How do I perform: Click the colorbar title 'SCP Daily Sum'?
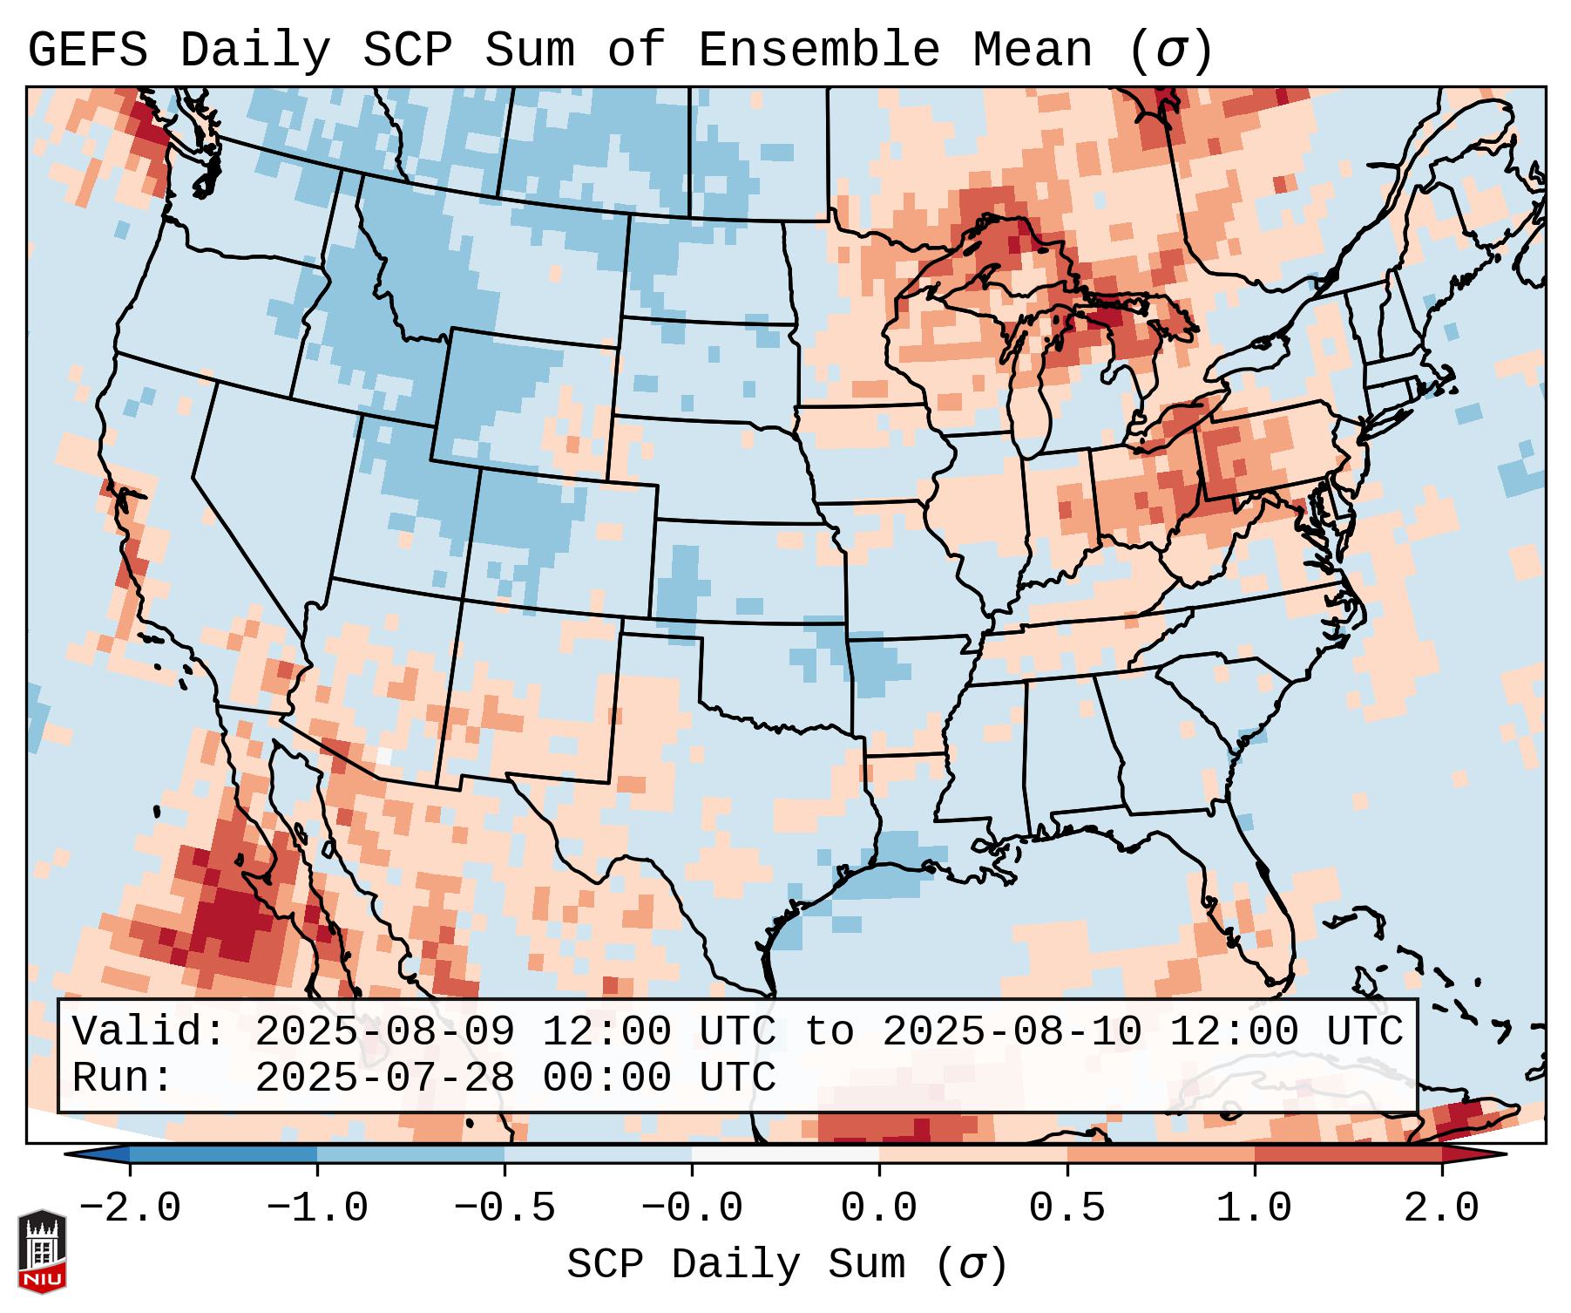click(787, 1265)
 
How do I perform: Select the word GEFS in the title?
click(87, 51)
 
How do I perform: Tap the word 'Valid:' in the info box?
click(149, 1031)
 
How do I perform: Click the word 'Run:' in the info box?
click(122, 1078)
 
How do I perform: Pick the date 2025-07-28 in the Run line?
click(384, 1078)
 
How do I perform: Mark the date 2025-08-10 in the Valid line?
click(1012, 1031)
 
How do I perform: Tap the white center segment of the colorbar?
click(785, 1154)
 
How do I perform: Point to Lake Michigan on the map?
click(1032, 384)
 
